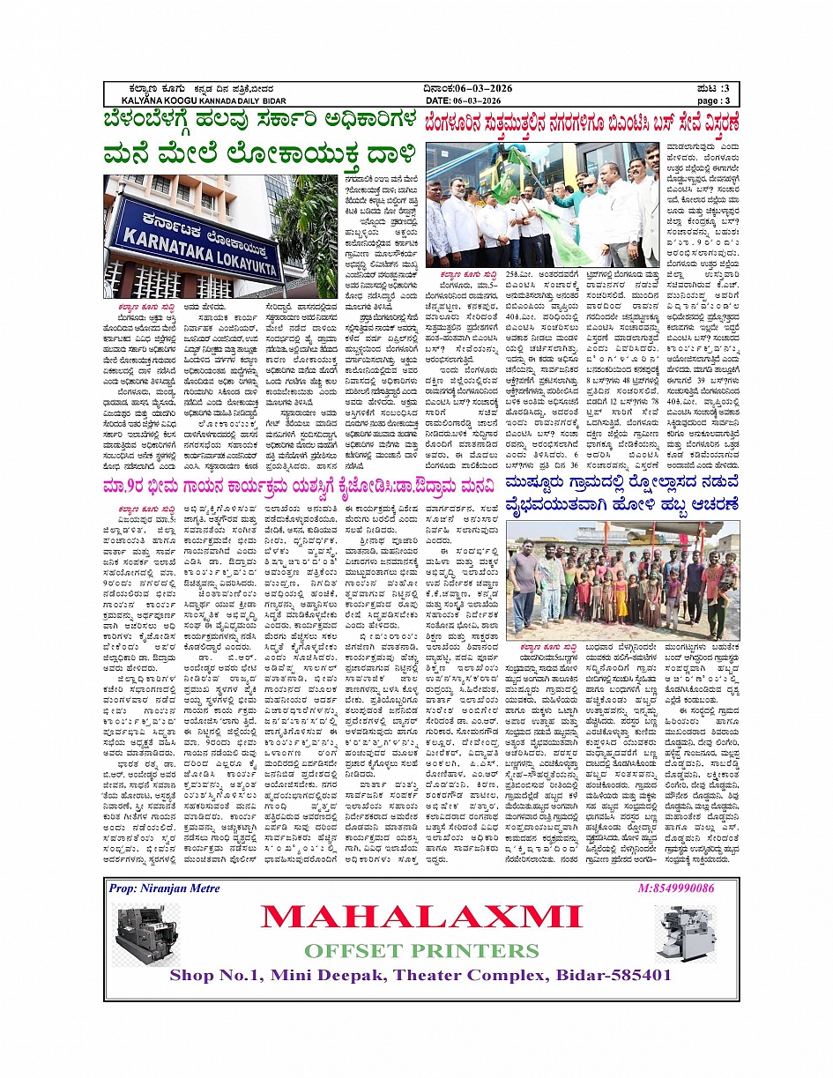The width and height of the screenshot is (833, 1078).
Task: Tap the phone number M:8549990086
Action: [675, 888]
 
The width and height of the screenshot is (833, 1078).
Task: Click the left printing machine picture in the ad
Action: [145, 933]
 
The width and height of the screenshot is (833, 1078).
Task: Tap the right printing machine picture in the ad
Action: [689, 937]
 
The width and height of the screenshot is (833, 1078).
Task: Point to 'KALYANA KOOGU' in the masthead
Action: [146, 100]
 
